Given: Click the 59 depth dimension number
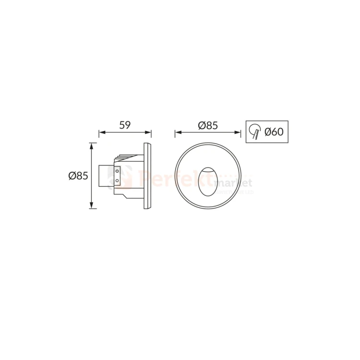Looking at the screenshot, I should [x=125, y=125].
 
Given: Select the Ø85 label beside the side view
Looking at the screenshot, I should [x=78, y=176].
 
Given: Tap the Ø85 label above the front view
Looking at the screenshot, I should [x=208, y=125].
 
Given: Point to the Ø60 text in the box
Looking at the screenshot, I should [x=274, y=131].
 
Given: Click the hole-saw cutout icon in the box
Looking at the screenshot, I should [x=254, y=131].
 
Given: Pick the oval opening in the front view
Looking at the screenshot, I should [x=207, y=180].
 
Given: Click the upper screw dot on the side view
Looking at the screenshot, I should [x=117, y=170].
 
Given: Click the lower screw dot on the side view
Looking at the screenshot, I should [x=117, y=180].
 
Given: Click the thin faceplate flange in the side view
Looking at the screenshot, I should [x=148, y=176].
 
